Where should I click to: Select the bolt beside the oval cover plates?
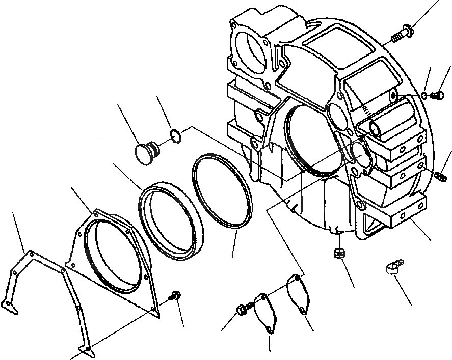click(244, 308)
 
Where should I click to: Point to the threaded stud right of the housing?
click(441, 176)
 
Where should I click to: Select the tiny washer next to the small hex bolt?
click(424, 95)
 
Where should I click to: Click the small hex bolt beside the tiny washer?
click(436, 95)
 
